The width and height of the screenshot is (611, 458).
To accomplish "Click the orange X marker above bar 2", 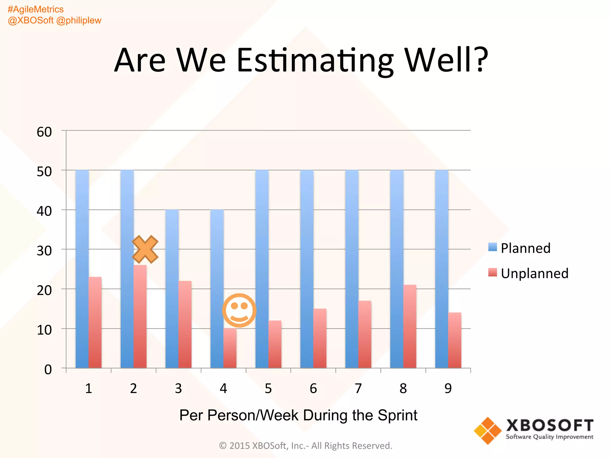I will (145, 249).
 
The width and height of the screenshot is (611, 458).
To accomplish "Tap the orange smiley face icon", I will (239, 310).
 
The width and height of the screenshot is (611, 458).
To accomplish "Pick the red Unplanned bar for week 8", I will (410, 327).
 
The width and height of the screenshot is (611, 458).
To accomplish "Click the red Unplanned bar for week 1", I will (95, 323).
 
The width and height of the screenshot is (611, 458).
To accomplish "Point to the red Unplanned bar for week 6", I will (320, 338).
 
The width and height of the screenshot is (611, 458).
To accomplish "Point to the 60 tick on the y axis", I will (44, 132).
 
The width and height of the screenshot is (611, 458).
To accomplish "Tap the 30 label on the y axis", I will (44, 251).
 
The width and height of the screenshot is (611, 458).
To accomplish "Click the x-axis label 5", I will (268, 388).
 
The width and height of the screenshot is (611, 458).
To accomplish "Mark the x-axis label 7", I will (358, 388).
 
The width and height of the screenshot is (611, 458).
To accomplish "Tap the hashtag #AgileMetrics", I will (36, 10).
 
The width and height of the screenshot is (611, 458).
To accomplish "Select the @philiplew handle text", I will (79, 20).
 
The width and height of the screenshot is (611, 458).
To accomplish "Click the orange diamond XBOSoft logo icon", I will (488, 431).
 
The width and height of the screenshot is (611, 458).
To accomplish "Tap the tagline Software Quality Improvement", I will (550, 437).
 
